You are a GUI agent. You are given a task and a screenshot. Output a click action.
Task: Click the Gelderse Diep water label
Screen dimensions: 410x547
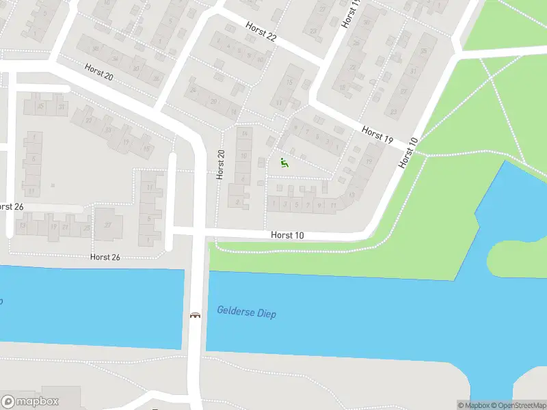coord(246,312)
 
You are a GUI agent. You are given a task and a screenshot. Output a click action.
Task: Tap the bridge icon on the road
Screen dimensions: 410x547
coord(196,315)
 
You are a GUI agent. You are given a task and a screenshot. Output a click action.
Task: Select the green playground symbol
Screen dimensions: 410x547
coord(284,163)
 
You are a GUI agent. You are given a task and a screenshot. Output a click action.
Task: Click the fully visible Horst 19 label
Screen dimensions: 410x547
coord(377,135)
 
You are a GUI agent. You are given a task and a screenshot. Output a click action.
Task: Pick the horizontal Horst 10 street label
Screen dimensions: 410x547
coord(287,235)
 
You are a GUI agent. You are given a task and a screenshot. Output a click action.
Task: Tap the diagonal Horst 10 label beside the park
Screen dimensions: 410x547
coord(408,152)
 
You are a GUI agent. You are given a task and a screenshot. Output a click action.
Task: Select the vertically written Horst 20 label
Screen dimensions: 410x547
coord(220,165)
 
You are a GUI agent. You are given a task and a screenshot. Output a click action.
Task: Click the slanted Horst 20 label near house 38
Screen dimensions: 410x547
coord(99,72)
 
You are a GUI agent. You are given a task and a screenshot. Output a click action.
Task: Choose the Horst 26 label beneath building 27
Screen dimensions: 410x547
coord(105,257)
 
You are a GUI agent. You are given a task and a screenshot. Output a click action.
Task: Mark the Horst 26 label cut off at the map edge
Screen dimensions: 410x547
coord(11,206)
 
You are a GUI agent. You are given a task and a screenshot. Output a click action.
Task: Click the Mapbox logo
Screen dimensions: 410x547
coord(30,402)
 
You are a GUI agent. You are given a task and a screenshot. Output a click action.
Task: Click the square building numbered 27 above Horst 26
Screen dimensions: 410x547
coord(107,225)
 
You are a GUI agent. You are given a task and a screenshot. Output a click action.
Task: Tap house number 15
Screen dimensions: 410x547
coord(290,83)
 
